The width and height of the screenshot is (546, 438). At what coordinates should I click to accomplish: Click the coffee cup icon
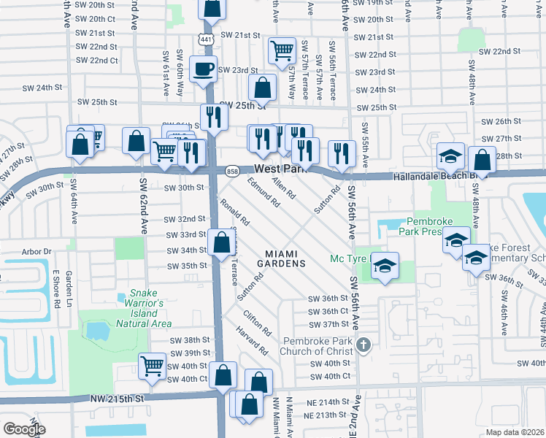202,69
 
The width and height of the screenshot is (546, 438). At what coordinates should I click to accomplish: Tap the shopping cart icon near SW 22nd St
281,50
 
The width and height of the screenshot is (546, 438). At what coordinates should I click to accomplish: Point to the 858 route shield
232,170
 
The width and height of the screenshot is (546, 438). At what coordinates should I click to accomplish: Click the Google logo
24,429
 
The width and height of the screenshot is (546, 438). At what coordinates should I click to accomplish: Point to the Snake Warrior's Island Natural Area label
145,308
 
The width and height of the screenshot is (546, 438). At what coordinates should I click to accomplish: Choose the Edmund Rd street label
264,192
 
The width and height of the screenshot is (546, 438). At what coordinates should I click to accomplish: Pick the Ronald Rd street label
235,211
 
